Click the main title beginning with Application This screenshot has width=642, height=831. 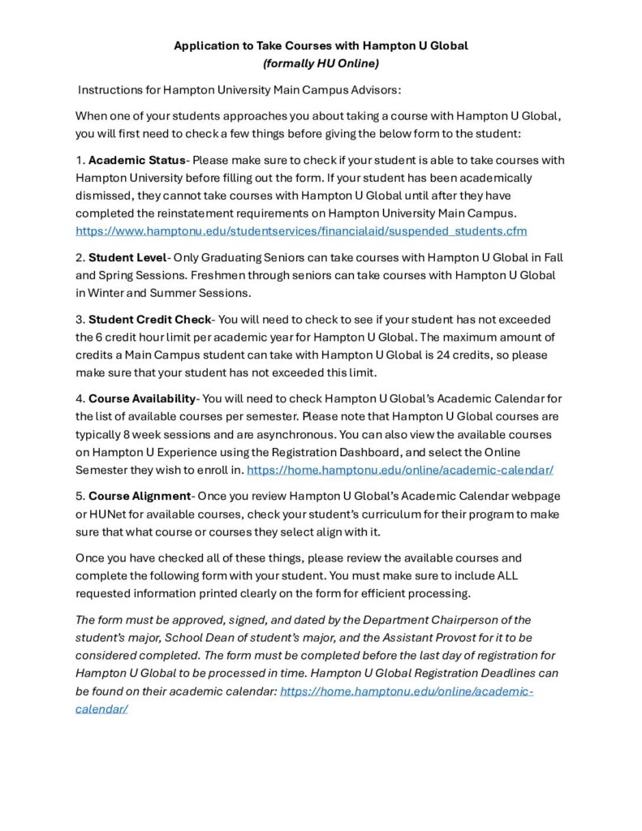(321, 45)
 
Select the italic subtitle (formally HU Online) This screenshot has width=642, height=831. (321, 62)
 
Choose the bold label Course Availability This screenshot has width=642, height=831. (142, 398)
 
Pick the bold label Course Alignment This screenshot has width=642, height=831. (139, 495)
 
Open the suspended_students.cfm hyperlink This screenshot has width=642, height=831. (301, 231)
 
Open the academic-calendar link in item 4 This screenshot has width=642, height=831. (400, 469)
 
